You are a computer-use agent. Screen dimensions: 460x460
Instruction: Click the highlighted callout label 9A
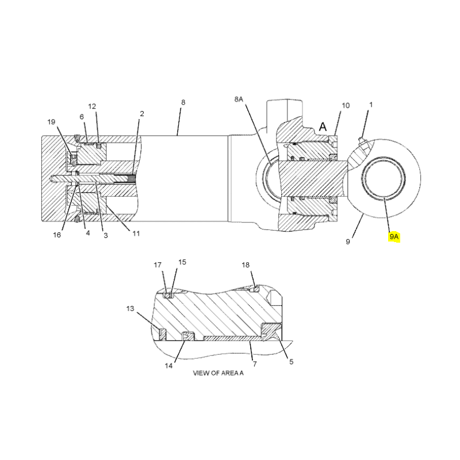(394, 236)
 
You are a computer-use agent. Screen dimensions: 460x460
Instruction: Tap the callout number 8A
(239, 99)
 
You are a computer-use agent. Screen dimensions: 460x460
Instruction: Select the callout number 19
(51, 122)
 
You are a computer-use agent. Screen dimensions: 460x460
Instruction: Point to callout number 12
(92, 106)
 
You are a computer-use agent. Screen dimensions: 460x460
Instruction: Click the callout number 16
(57, 235)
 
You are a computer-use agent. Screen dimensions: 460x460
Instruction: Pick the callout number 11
(136, 233)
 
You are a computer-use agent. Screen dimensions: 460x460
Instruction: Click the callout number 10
(346, 105)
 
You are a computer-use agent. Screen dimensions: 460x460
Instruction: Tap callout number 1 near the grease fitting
(371, 105)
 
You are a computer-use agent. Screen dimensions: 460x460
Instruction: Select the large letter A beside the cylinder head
(323, 126)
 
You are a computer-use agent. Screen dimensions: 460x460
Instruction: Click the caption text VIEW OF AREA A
(218, 373)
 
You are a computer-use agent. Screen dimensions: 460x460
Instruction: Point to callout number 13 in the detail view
(131, 309)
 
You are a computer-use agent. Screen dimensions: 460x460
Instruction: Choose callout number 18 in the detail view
(246, 265)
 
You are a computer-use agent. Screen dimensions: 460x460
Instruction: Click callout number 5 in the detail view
(292, 362)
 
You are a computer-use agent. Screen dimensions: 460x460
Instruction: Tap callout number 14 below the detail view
(168, 366)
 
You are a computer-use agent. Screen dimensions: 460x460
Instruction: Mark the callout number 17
(158, 265)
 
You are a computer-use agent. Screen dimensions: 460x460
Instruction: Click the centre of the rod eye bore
(384, 178)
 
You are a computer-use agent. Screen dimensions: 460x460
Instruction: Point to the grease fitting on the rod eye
(362, 141)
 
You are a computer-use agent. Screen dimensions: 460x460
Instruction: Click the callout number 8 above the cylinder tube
(183, 102)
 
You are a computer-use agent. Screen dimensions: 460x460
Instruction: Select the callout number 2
(142, 113)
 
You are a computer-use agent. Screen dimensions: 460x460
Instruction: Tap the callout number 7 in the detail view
(255, 364)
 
